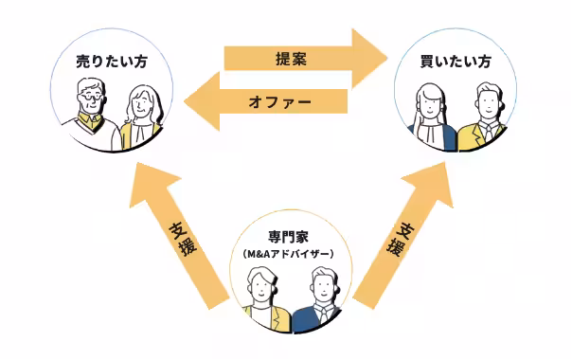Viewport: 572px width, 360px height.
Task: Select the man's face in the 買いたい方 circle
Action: point(488,102)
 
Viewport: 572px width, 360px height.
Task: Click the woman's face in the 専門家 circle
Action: point(260,287)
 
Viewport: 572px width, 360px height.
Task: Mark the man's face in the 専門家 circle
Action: point(320,286)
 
